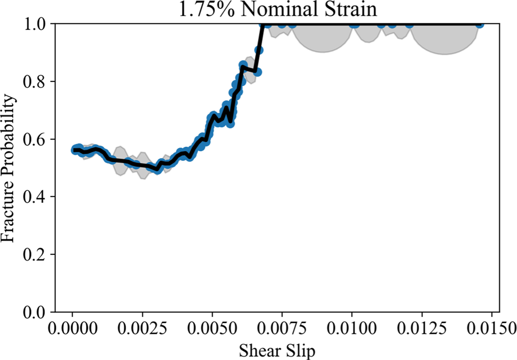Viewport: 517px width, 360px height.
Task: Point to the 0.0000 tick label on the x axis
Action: [x=72, y=329]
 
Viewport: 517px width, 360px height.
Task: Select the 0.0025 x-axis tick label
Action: [x=142, y=329]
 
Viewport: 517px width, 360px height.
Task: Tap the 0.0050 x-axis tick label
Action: [x=212, y=329]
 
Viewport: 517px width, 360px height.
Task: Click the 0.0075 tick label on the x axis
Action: [x=282, y=329]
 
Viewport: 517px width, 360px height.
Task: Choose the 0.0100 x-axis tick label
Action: [x=352, y=329]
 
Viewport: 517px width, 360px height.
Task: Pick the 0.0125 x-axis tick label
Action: [x=422, y=329]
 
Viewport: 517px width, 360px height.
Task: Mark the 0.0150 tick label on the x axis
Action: [x=492, y=329]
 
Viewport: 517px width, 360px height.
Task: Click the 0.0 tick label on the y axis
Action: [x=37, y=313]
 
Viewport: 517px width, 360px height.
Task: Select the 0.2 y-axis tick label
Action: [x=37, y=255]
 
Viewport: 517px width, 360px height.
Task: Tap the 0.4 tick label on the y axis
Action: [x=37, y=197]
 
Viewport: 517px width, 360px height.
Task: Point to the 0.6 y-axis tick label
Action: [x=37, y=140]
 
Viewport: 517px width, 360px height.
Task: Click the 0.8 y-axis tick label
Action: [x=37, y=82]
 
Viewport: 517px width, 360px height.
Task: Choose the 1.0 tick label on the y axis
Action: [x=37, y=25]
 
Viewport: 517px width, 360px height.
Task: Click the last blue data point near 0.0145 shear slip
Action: [x=479, y=24]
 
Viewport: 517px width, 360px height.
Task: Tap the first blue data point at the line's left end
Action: [x=76, y=149]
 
